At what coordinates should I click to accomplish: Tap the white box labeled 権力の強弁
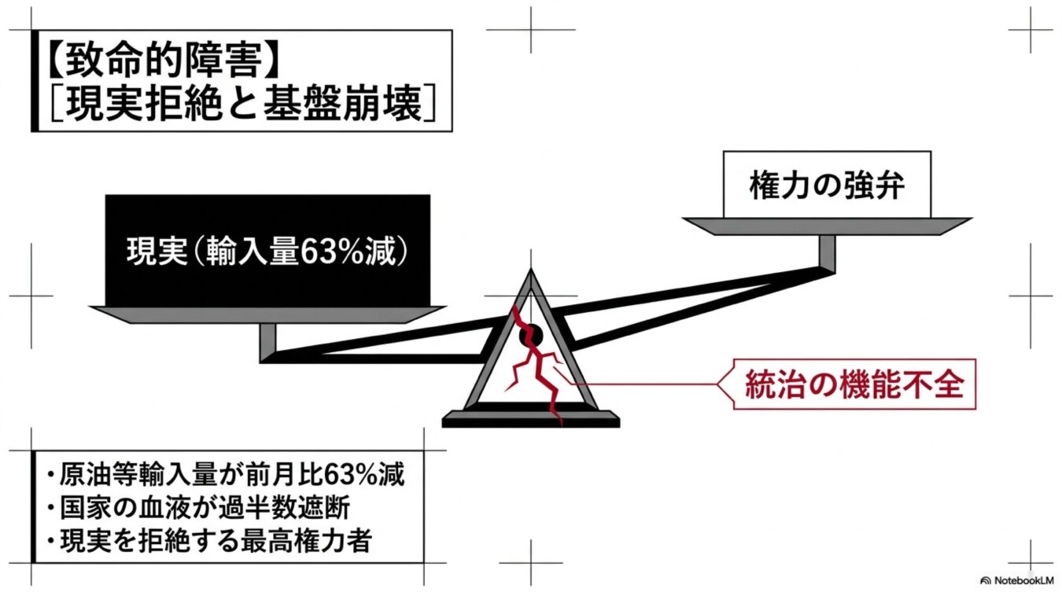point(827,185)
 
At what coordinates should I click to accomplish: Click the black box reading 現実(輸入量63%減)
point(267,250)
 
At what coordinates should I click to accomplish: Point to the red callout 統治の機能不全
point(854,384)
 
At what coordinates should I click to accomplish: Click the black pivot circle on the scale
point(530,336)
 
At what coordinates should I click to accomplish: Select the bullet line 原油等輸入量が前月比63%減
point(226,474)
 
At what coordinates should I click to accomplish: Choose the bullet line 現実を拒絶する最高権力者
point(209,541)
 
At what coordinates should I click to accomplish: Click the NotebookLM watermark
point(1016,580)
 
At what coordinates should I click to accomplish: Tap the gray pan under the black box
point(267,314)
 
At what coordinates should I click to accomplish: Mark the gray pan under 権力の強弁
point(827,226)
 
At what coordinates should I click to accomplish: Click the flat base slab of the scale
point(530,419)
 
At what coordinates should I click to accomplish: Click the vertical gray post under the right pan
point(828,254)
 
